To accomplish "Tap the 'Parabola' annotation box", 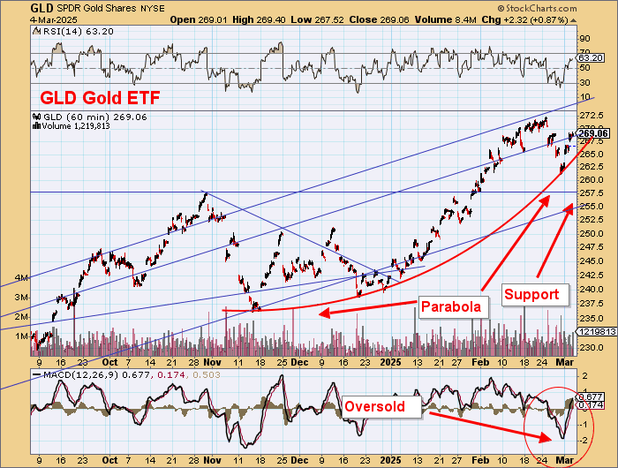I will [x=449, y=307].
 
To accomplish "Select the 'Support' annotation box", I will [x=531, y=294].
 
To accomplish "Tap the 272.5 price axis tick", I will [x=590, y=117].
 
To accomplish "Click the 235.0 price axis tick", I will [x=590, y=318].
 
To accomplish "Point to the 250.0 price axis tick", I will [x=590, y=234].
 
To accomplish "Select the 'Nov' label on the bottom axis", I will [x=211, y=460].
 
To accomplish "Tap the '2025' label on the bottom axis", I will [x=388, y=460].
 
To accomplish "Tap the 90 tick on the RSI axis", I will [x=584, y=39].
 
